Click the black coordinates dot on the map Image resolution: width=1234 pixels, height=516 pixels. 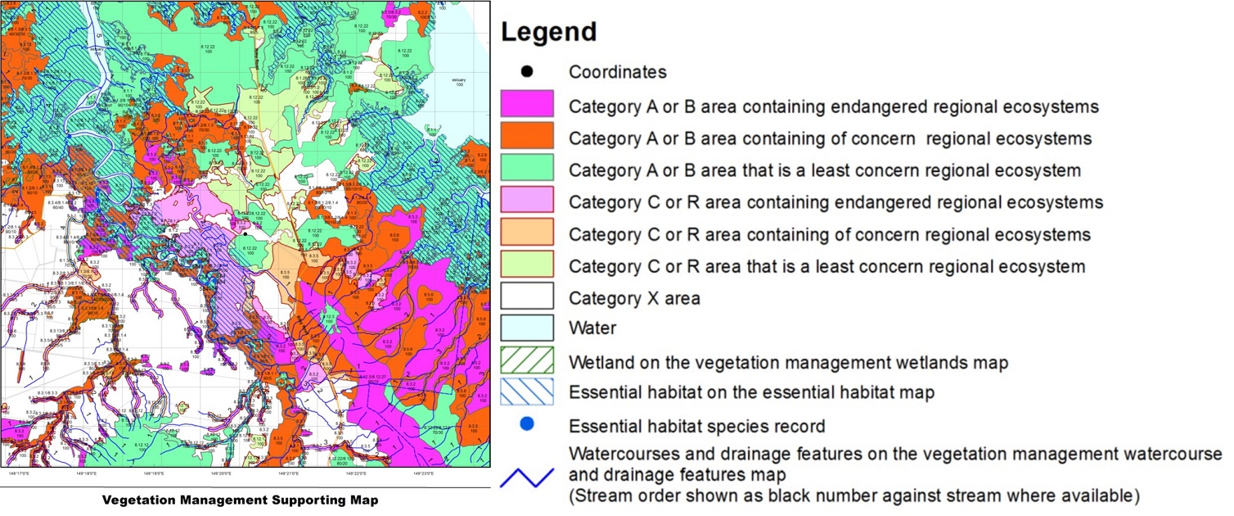244,233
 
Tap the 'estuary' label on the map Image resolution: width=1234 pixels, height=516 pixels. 458,80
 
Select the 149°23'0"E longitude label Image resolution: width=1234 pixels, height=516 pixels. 423,473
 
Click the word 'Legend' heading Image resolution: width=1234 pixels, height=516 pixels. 548,33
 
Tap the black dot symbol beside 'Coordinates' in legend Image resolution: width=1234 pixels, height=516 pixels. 527,72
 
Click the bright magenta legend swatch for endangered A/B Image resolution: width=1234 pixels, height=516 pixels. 527,106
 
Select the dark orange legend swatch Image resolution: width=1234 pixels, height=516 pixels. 527,138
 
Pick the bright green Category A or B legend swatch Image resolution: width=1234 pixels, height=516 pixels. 527,170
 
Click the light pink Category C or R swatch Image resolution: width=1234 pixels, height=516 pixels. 527,201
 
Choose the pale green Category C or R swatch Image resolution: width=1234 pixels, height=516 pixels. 527,266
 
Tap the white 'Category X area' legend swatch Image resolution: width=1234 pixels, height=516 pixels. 527,298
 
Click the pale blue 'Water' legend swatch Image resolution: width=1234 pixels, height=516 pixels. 527,328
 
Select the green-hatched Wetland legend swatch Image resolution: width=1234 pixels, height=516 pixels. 527,360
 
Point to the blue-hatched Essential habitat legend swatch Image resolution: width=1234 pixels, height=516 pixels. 527,392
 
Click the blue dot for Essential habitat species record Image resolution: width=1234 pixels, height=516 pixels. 527,424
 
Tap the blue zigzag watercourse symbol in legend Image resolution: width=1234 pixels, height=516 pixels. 527,475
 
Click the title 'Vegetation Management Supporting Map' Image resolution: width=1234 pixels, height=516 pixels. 241,500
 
